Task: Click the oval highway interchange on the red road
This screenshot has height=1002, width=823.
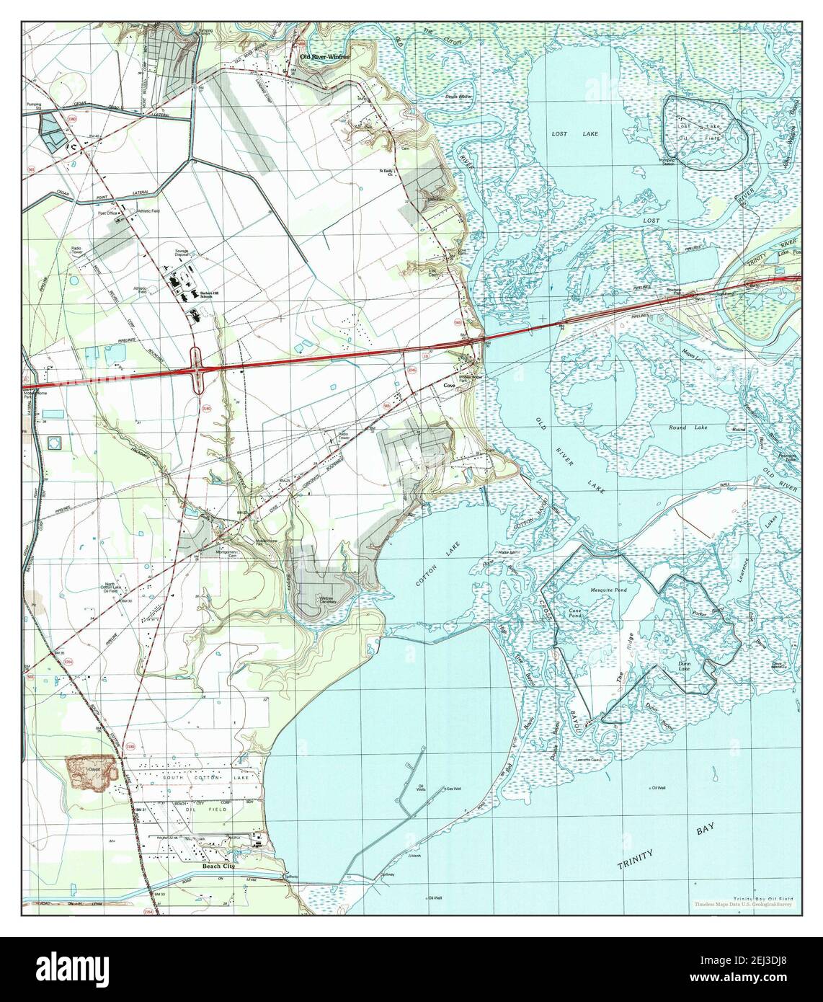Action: click(197, 368)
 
